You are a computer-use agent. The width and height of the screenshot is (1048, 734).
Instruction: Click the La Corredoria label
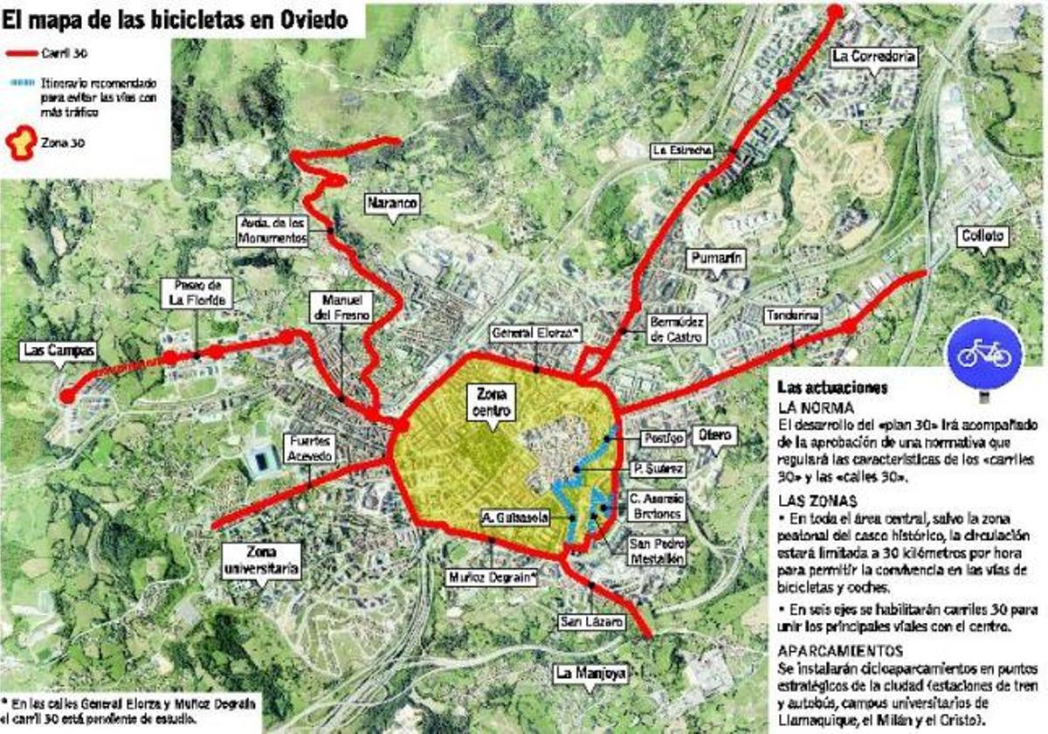pyautogui.click(x=873, y=57)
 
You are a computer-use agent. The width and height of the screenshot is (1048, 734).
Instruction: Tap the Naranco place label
pyautogui.click(x=392, y=203)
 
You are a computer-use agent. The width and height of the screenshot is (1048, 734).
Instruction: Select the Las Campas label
pyautogui.click(x=59, y=350)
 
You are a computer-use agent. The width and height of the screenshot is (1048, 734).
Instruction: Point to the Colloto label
pyautogui.click(x=984, y=236)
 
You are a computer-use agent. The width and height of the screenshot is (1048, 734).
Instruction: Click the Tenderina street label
pyautogui.click(x=792, y=315)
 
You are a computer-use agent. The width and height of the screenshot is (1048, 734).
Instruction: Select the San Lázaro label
pyautogui.click(x=592, y=622)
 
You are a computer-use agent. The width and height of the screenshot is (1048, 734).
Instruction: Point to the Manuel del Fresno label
pyautogui.click(x=341, y=306)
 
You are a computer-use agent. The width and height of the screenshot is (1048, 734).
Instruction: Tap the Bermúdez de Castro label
pyautogui.click(x=676, y=329)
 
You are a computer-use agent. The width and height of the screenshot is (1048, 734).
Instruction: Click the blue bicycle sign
pyautogui.click(x=984, y=353)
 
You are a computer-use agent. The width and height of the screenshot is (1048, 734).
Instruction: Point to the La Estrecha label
pyautogui.click(x=682, y=150)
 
